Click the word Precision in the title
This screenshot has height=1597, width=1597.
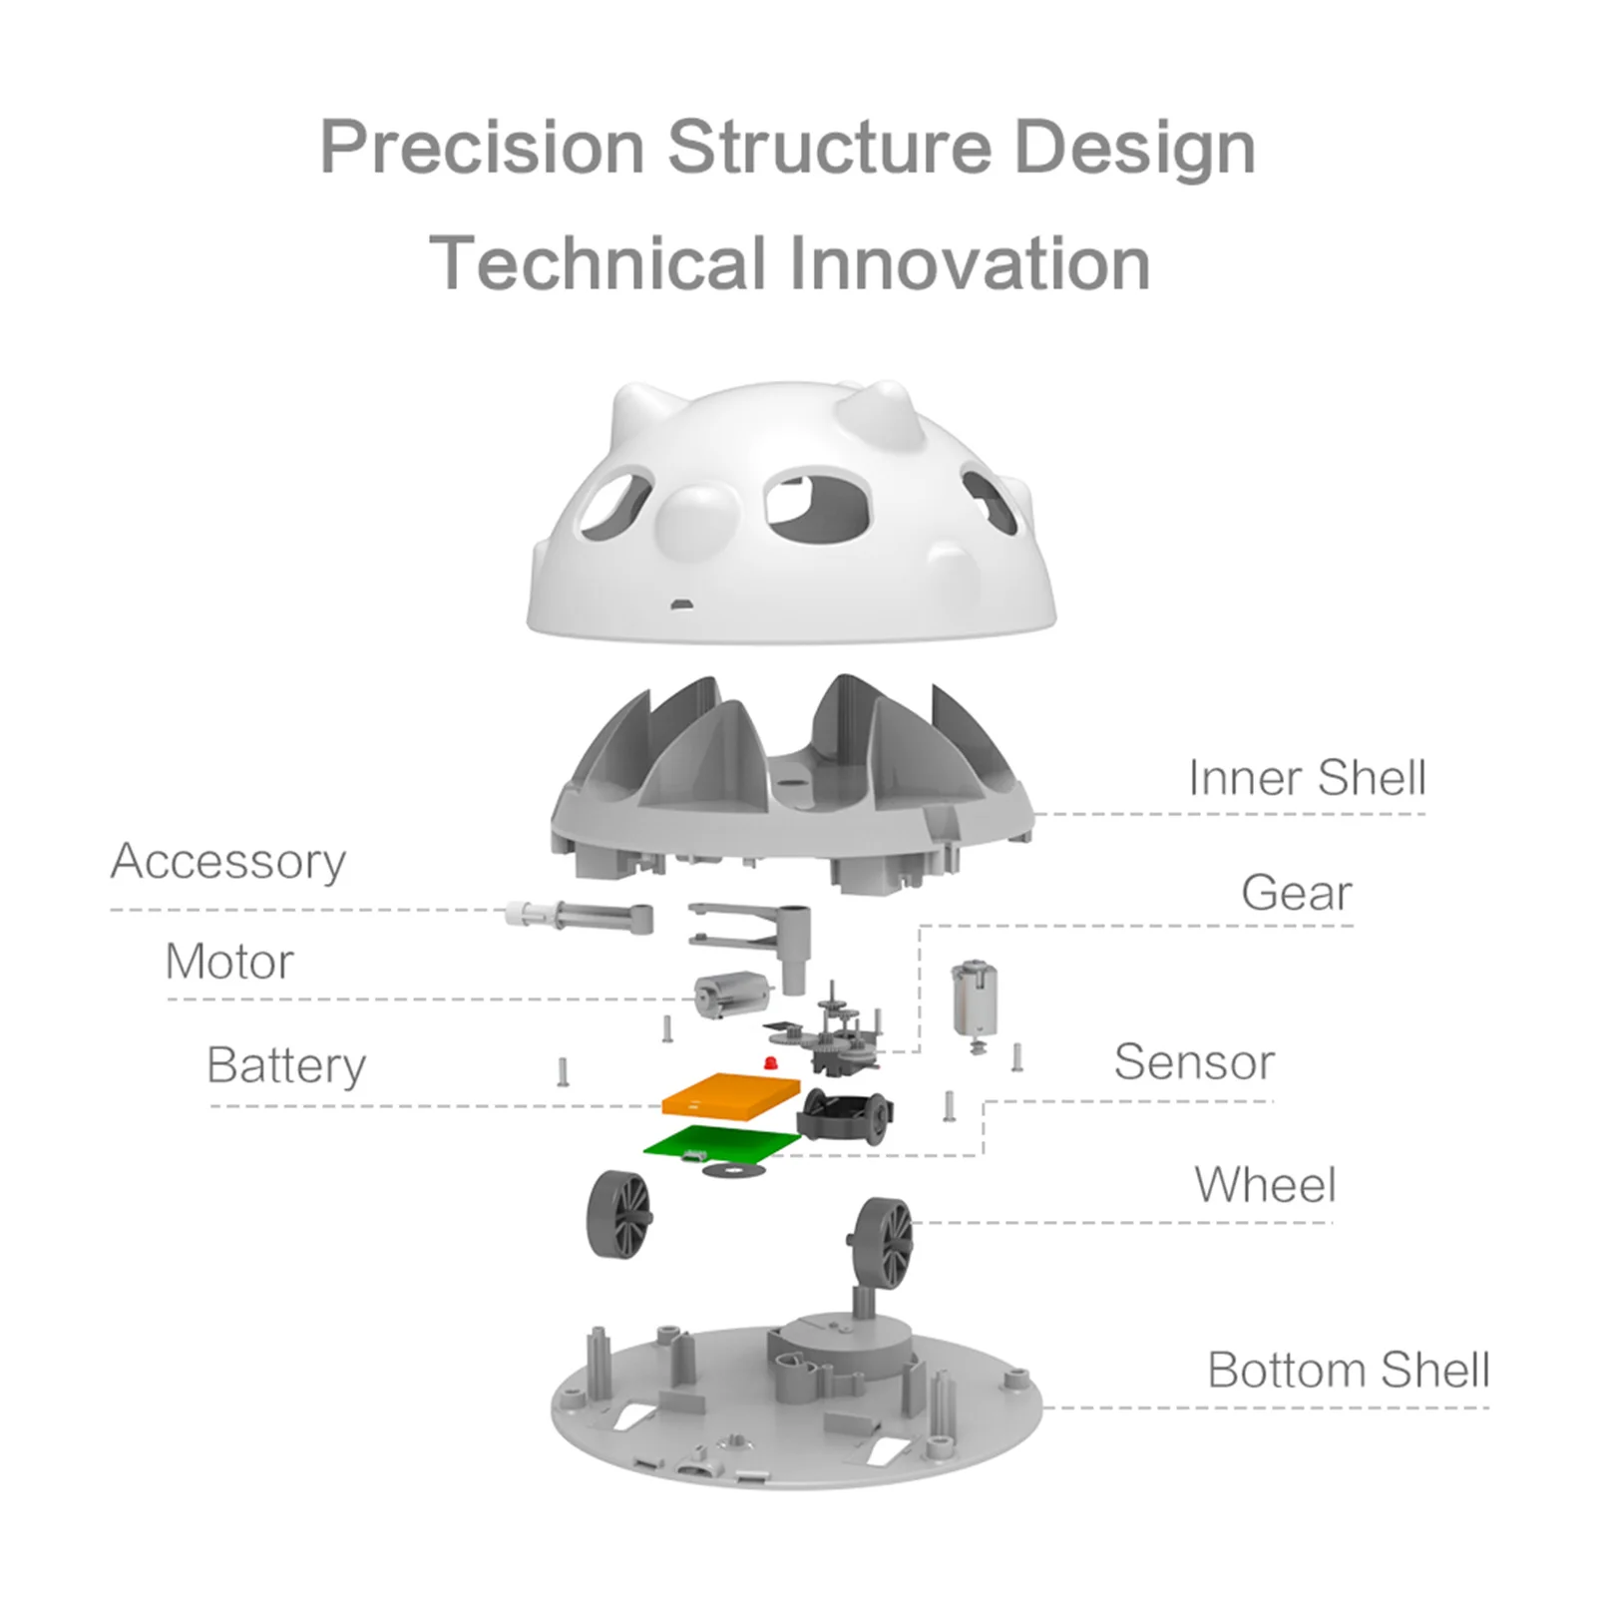click(482, 148)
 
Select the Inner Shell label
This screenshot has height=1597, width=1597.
click(1307, 777)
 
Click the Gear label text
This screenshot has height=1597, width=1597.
click(1297, 892)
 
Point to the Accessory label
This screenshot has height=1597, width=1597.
click(228, 861)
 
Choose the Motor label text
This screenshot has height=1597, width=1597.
click(229, 962)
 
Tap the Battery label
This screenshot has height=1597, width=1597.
click(286, 1065)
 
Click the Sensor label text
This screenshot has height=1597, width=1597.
click(1194, 1061)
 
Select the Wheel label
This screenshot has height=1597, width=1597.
click(1265, 1185)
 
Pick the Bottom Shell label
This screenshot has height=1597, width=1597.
click(1349, 1370)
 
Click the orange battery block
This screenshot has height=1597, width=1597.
click(732, 1095)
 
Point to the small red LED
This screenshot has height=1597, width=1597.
click(769, 1063)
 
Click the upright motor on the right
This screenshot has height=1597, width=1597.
click(975, 1001)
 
